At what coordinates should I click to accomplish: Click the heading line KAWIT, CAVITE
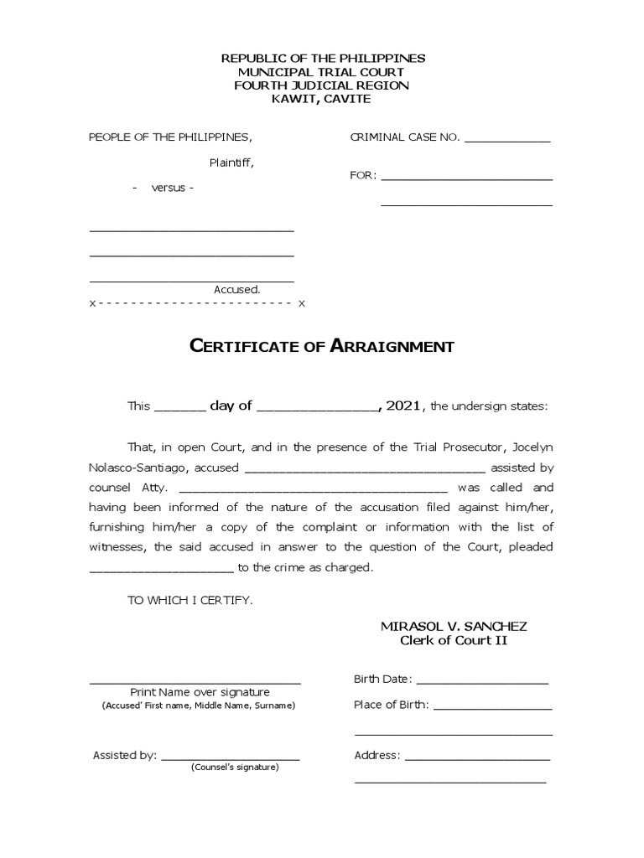pyautogui.click(x=322, y=99)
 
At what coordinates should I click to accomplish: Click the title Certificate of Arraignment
pyautogui.click(x=322, y=346)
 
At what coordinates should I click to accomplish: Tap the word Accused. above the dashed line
pyautogui.click(x=237, y=289)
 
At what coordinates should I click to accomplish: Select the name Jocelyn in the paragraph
pyautogui.click(x=529, y=447)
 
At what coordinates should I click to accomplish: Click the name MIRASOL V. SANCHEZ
pyautogui.click(x=454, y=627)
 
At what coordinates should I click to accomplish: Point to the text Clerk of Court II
pyautogui.click(x=454, y=641)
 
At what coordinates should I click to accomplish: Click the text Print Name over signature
pyautogui.click(x=200, y=692)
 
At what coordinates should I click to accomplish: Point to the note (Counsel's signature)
pyautogui.click(x=234, y=768)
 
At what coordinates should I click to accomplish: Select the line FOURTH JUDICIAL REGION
pyautogui.click(x=322, y=85)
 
